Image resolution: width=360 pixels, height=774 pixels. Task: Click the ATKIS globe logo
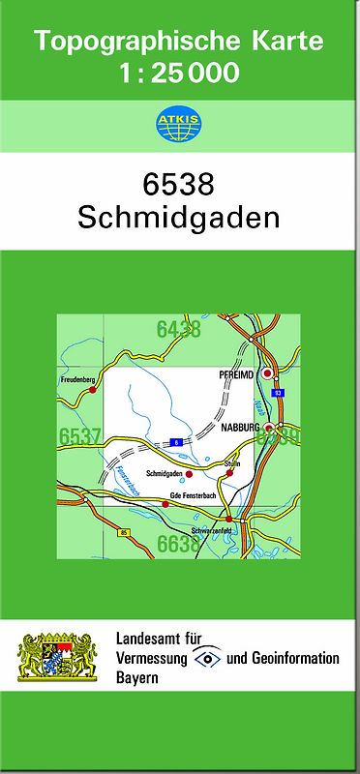(179, 124)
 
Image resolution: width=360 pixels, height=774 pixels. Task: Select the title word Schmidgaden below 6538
(179, 215)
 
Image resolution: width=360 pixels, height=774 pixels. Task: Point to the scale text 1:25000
(179, 74)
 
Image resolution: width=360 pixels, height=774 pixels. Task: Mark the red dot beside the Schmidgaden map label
(189, 474)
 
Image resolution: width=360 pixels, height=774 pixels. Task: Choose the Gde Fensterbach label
(193, 495)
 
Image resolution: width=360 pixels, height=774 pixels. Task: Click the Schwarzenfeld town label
(215, 531)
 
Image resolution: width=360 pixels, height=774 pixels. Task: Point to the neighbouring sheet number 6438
(179, 330)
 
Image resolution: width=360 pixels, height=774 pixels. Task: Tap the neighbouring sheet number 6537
(80, 437)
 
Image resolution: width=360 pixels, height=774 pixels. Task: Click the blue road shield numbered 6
(176, 442)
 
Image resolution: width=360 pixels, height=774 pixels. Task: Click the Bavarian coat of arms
(59, 656)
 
